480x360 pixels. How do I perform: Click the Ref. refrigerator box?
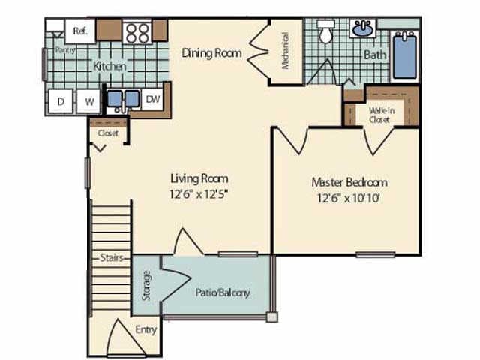(x=79, y=31)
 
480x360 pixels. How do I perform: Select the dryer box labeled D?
(x=60, y=100)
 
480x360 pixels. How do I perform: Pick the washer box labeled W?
(x=88, y=100)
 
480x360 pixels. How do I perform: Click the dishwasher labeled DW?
(x=152, y=99)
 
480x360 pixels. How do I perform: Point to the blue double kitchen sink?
(x=121, y=99)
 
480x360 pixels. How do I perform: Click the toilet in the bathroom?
(x=326, y=33)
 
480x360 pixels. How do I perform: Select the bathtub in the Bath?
(x=405, y=55)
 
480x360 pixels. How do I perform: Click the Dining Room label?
(x=212, y=53)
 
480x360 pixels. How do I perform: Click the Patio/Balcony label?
(x=222, y=292)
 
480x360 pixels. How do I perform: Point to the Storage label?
(x=146, y=286)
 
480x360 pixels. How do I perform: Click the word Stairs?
(x=111, y=258)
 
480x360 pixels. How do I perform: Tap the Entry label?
(x=145, y=329)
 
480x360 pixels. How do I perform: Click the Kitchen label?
(x=109, y=67)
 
